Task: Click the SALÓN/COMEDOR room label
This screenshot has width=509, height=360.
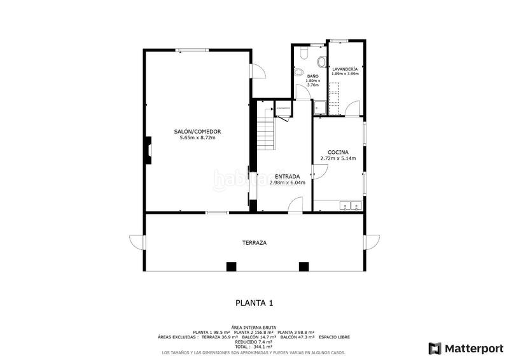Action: pos(197,132)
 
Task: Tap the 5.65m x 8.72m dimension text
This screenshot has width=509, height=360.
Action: pos(197,138)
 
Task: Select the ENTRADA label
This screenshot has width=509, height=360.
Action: pos(288,176)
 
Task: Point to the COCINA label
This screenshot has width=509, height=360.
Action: pos(338,152)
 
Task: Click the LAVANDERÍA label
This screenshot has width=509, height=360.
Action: pos(345,68)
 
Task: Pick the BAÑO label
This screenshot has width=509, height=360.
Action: pos(312,76)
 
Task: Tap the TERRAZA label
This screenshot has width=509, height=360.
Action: pos(254,243)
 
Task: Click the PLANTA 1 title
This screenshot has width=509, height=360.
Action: pos(254,303)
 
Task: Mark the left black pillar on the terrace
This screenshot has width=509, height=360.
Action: pos(232,267)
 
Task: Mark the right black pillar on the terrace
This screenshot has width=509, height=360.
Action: pos(303,267)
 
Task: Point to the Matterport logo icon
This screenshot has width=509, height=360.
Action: pos(435,348)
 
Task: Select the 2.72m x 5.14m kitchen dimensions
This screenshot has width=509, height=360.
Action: pos(338,158)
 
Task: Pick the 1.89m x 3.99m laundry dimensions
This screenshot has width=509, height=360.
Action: pos(345,74)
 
